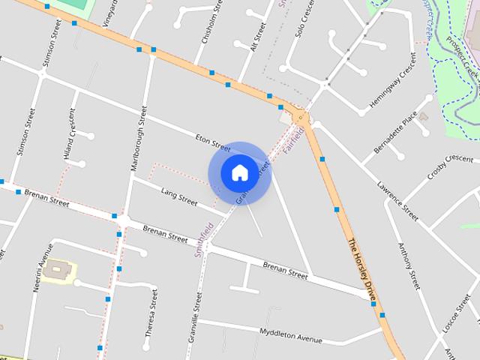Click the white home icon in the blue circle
pyautogui.click(x=239, y=172)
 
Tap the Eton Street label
pyautogui.click(x=212, y=143)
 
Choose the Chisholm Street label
pyautogui.click(x=208, y=31)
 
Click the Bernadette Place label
pyautogui.click(x=398, y=130)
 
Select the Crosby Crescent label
pyautogui.click(x=449, y=166)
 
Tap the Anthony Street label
pyautogui.click(x=409, y=265)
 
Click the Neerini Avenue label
pyautogui.click(x=38, y=267)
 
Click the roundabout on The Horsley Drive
pyautogui.click(x=300, y=116)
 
